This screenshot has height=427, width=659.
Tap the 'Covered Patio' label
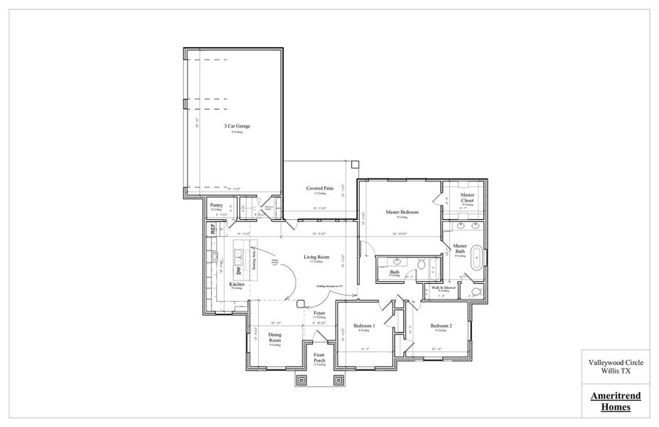pos(320,189)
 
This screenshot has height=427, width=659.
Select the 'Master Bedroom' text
pos(402,212)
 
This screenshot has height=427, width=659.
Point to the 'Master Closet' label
pos(467,197)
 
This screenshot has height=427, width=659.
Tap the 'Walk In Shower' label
pos(444,288)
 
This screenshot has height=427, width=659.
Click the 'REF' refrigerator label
pos(212,229)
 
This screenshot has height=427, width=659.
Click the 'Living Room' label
pos(316,257)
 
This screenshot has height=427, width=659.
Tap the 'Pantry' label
pos(216,205)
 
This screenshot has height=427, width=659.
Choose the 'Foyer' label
pos(319,312)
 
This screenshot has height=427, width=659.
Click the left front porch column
pos(301,380)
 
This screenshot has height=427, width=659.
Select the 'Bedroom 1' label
pos(364,326)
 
